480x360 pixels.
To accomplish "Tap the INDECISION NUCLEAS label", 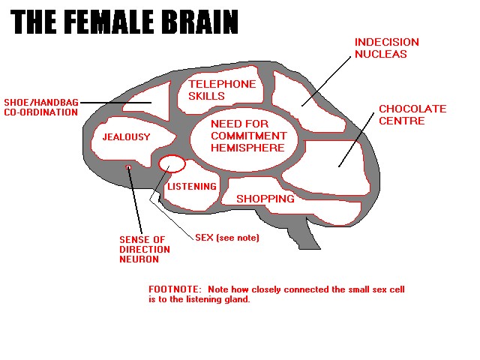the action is pos(387,48).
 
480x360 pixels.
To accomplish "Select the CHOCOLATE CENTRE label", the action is pos(412,115).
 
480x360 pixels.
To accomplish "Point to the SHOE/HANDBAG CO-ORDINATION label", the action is pos(41,107).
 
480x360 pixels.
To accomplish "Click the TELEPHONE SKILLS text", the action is pos(222,90).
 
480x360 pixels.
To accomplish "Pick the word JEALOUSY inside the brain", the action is pos(127,136).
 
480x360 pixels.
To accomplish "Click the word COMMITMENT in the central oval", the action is pos(248,136).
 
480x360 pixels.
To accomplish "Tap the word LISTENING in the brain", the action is pos(192,187).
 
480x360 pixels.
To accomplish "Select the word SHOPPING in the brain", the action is pos(265,199).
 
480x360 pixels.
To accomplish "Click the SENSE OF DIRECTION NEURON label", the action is pos(145,249).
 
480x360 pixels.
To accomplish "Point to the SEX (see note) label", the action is pos(227,238).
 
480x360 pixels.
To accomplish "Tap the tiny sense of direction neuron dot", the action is pos(128,167).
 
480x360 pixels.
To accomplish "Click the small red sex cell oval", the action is pos(172,157).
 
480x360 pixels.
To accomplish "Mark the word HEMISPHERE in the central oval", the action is pos(247,148).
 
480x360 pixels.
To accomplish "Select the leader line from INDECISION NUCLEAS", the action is pos(326,82).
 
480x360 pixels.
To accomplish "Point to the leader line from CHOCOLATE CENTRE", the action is pos(356,140).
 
